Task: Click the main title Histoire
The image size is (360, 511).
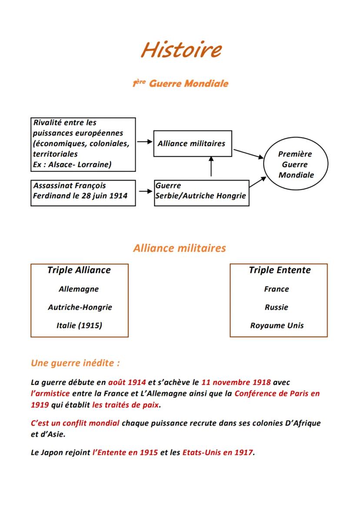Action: pos(181,50)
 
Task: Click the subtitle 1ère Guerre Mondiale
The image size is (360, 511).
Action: pos(180,83)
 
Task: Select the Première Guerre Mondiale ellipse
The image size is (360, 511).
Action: pos(296,164)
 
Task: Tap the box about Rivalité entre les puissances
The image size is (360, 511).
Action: pos(83,144)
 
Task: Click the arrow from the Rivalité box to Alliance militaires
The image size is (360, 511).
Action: pos(144,142)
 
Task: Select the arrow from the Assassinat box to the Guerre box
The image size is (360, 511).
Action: pos(144,191)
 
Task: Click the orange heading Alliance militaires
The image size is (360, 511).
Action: pos(180,248)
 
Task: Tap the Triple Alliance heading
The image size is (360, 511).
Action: pos(79,270)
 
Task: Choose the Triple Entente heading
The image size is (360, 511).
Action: pos(280,270)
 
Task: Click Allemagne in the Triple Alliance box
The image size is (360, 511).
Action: pos(79,289)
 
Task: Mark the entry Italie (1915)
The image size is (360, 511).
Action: pos(79,325)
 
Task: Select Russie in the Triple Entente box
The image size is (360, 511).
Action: pos(277,307)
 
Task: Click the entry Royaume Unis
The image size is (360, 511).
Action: pos(277,325)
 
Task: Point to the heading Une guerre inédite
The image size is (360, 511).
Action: pos(75,363)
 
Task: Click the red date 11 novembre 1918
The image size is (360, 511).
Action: pos(236,382)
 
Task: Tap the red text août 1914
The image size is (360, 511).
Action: pos(127,382)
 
